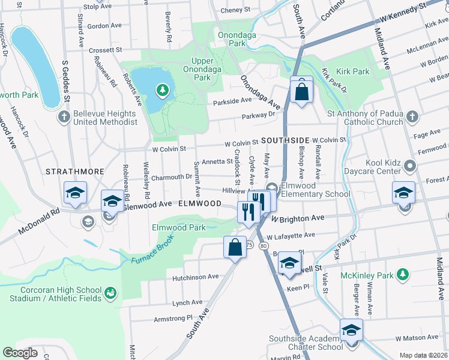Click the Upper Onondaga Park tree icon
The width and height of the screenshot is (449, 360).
tap(161, 91)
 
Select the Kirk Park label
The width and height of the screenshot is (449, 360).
tap(353, 71)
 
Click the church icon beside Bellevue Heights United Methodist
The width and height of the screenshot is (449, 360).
tap(65, 117)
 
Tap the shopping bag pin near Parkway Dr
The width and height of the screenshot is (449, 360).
tap(301, 91)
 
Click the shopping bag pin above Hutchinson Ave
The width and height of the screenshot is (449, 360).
tap(235, 247)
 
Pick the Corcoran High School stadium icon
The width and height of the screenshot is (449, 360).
tap(110, 293)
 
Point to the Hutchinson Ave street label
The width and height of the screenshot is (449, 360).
tap(196, 277)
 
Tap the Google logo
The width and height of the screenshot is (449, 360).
tap(20, 352)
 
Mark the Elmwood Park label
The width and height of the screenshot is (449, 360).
tap(178, 227)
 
